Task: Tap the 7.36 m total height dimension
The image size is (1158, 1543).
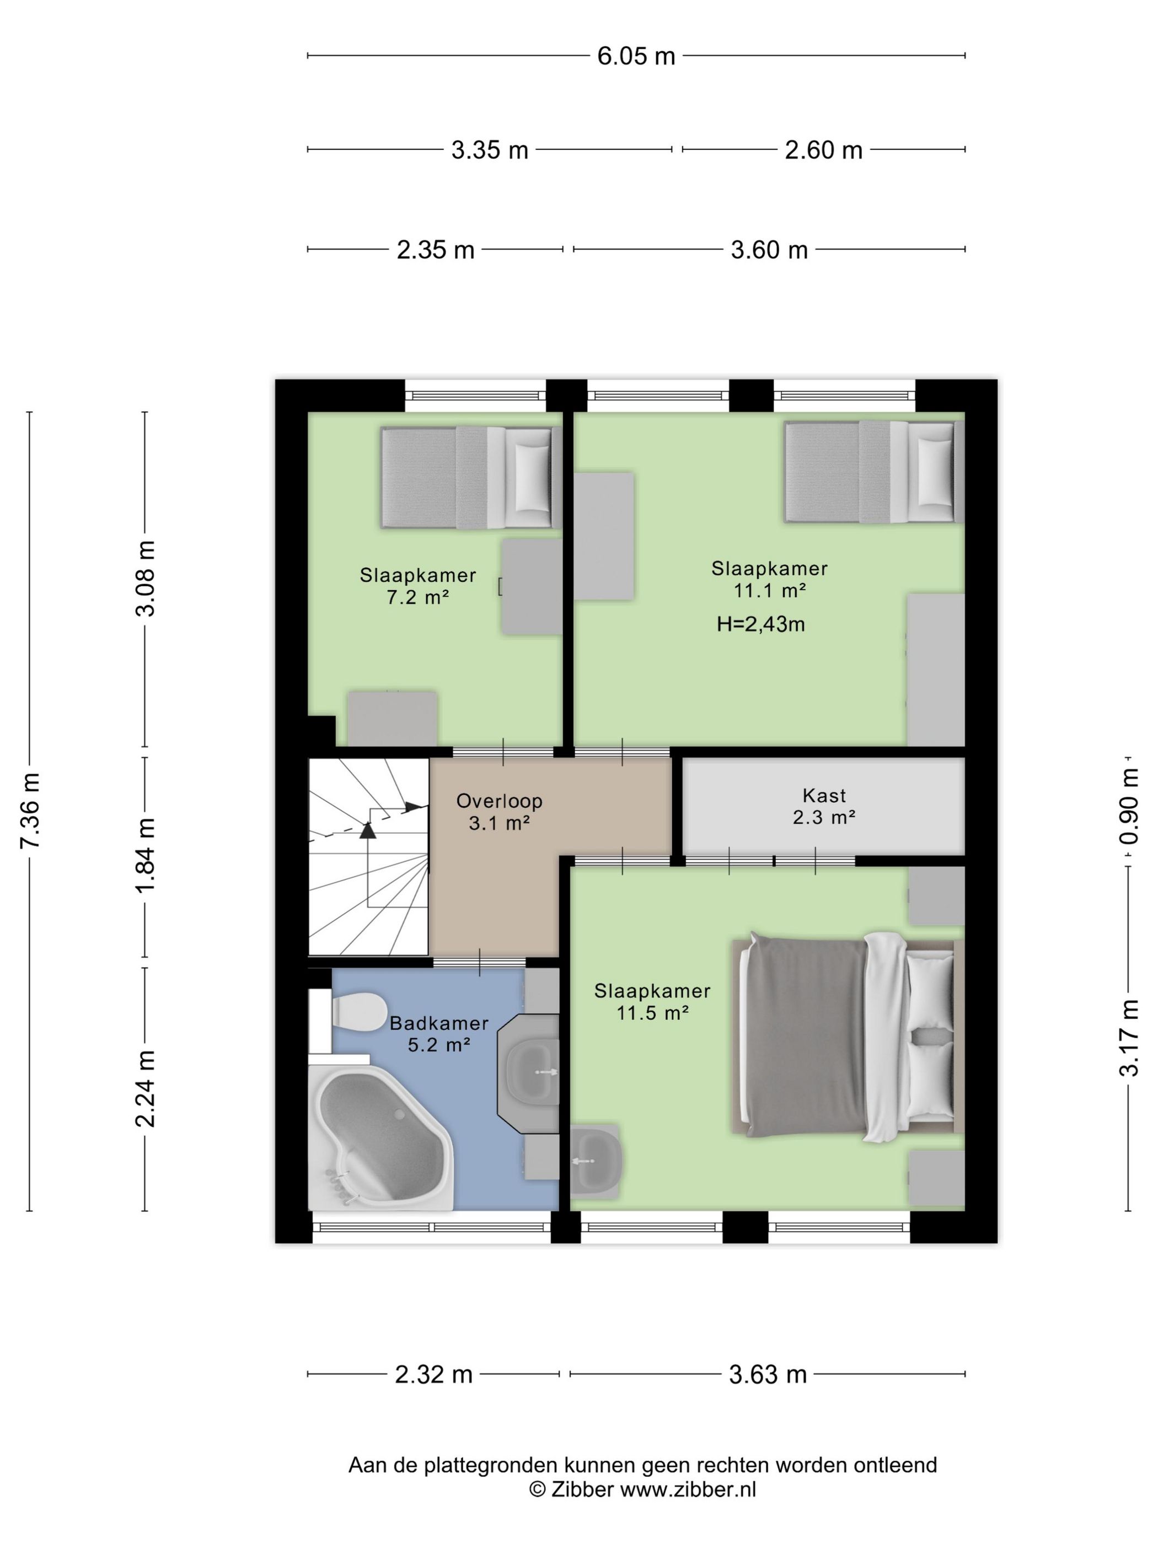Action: click(31, 811)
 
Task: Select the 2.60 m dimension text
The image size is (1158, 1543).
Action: click(824, 149)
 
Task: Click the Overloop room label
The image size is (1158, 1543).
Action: click(499, 801)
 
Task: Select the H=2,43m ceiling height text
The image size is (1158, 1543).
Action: click(761, 624)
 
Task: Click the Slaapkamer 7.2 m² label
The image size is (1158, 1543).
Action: click(418, 586)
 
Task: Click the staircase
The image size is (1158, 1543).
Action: click(368, 856)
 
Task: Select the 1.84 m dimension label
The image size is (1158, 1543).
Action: click(146, 856)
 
